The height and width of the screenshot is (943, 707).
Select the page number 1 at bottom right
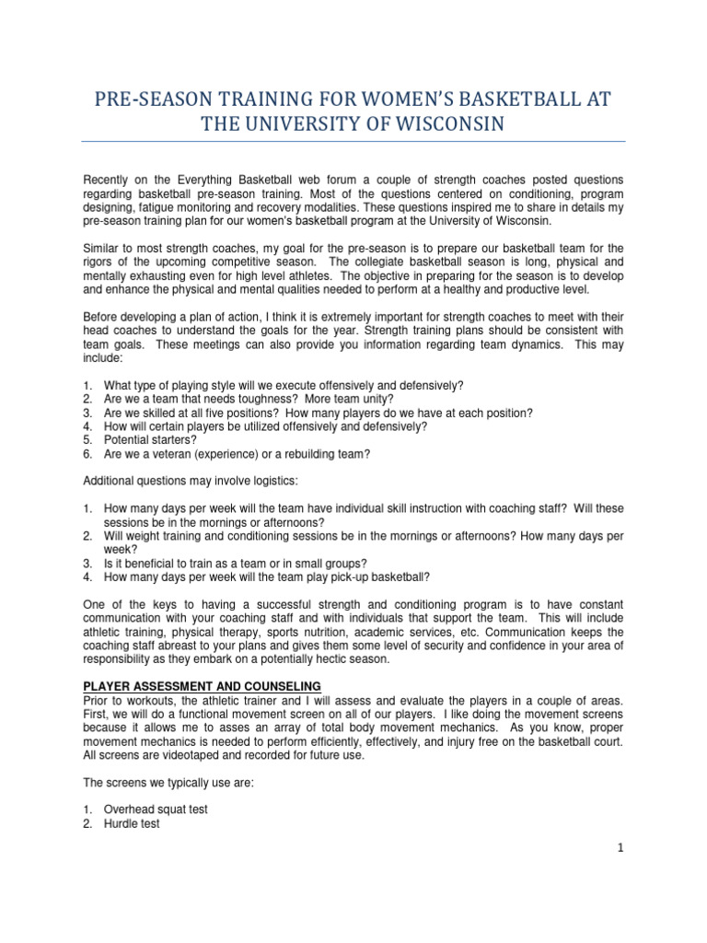pos(620,849)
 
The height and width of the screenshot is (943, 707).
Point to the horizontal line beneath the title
pos(353,141)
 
